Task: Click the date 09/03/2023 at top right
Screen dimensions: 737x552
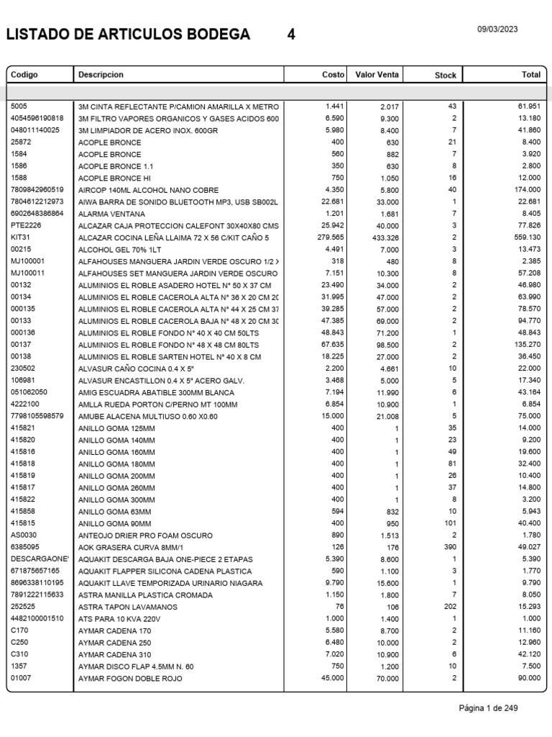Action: click(x=497, y=30)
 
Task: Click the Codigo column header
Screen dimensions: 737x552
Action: click(x=24, y=75)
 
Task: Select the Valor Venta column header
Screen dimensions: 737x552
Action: click(x=377, y=75)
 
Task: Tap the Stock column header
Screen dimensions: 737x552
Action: click(x=446, y=76)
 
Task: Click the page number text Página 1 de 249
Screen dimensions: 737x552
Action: click(x=488, y=708)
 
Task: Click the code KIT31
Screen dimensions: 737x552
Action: click(x=20, y=238)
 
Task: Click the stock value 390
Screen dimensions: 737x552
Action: click(x=450, y=548)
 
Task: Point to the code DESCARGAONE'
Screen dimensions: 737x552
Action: click(x=40, y=559)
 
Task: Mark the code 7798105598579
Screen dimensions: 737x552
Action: click(x=37, y=416)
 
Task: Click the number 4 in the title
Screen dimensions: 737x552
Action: click(x=291, y=35)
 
